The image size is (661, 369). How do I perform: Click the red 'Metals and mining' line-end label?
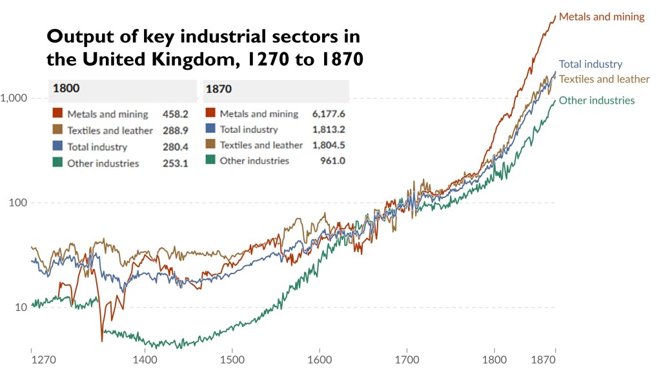click(x=602, y=17)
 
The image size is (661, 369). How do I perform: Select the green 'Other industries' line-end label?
click(x=596, y=100)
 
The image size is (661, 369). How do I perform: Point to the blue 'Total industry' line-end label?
click(x=590, y=64)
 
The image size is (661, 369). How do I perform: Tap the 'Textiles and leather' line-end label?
click(x=604, y=79)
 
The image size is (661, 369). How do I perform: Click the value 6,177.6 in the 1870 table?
click(x=329, y=114)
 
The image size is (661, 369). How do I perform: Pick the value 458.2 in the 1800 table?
click(x=176, y=114)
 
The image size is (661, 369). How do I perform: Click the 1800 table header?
click(x=66, y=89)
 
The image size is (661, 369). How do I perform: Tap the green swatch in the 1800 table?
click(x=57, y=163)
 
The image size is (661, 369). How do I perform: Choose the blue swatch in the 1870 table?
click(x=210, y=130)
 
